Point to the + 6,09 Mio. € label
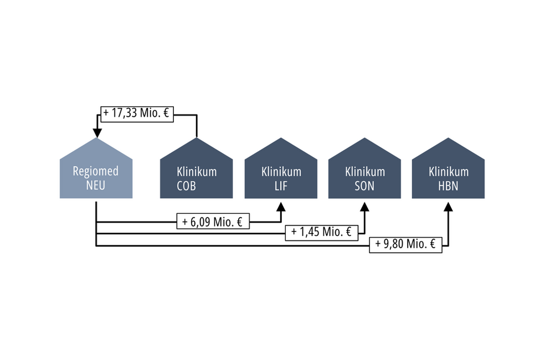(213, 222)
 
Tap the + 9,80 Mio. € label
(406, 244)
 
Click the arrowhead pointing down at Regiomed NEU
(97, 133)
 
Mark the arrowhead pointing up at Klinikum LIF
(281, 207)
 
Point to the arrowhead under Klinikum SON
(364, 207)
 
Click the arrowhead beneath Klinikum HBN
(448, 207)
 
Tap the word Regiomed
(96, 172)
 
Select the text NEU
(96, 186)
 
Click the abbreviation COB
(187, 186)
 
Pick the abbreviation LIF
(281, 186)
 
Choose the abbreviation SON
(364, 186)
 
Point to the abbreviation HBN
(448, 186)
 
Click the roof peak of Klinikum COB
(197, 139)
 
